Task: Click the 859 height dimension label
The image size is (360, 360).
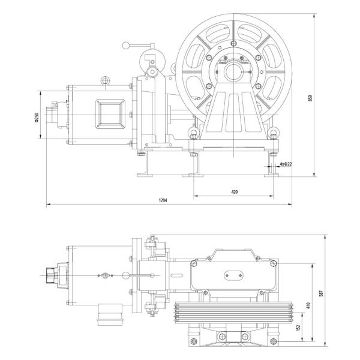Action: (310, 98)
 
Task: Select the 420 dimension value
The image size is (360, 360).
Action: (234, 191)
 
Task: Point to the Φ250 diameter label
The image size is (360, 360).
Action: (37, 117)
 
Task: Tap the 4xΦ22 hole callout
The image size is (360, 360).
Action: (286, 164)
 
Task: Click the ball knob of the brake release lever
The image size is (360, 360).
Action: (125, 45)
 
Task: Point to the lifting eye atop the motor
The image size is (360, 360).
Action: (106, 80)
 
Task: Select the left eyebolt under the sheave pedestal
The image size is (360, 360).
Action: (194, 133)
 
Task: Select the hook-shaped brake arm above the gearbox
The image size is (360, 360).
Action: (149, 63)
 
